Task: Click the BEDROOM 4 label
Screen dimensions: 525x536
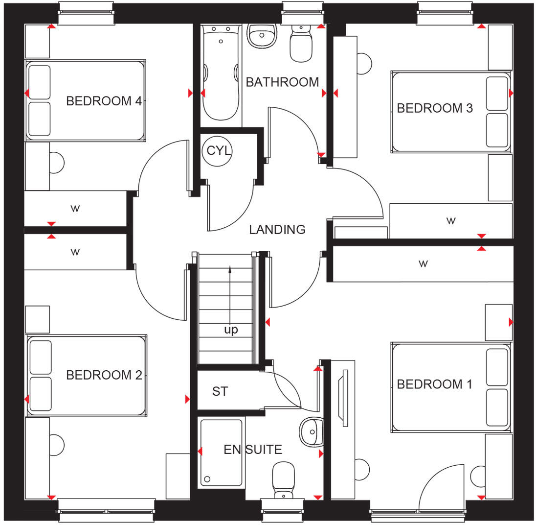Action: (x=104, y=101)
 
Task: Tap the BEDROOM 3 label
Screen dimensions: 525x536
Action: (x=434, y=108)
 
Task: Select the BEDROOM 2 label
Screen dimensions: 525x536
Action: (x=104, y=375)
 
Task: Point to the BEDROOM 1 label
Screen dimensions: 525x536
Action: (x=434, y=384)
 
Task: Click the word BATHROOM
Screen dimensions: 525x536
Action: (x=282, y=82)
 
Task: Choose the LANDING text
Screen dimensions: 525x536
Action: (x=277, y=229)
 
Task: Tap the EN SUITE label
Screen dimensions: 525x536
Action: (x=253, y=450)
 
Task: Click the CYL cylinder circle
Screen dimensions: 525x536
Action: (x=218, y=150)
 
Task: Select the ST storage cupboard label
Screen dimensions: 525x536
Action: (x=220, y=392)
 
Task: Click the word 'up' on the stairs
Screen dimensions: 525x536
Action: (x=231, y=330)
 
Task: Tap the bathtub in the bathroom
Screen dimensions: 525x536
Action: (x=221, y=73)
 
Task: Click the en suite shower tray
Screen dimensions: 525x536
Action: (x=221, y=453)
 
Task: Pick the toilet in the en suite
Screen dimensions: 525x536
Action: (x=283, y=479)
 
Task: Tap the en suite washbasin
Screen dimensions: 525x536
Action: (x=311, y=431)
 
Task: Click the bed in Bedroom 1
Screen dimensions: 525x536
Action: (x=450, y=387)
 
